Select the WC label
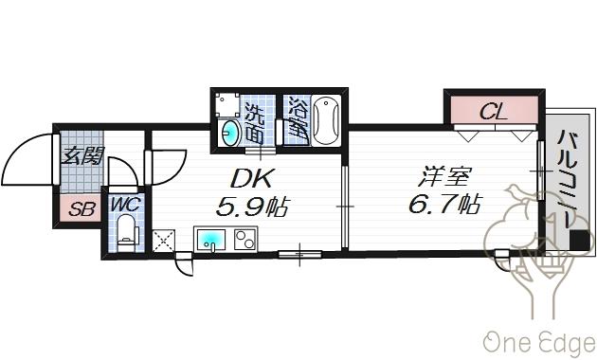click(124, 204)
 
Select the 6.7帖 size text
click(445, 204)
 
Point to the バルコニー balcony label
click(566, 180)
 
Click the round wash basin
click(230, 134)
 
